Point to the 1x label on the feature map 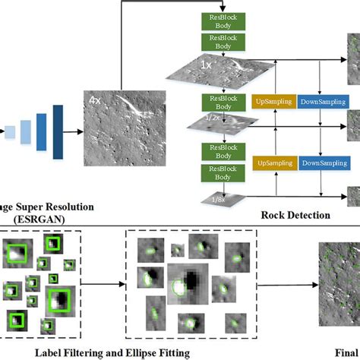(205, 65)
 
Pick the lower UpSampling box (272, 163)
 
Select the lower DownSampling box (323, 163)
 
